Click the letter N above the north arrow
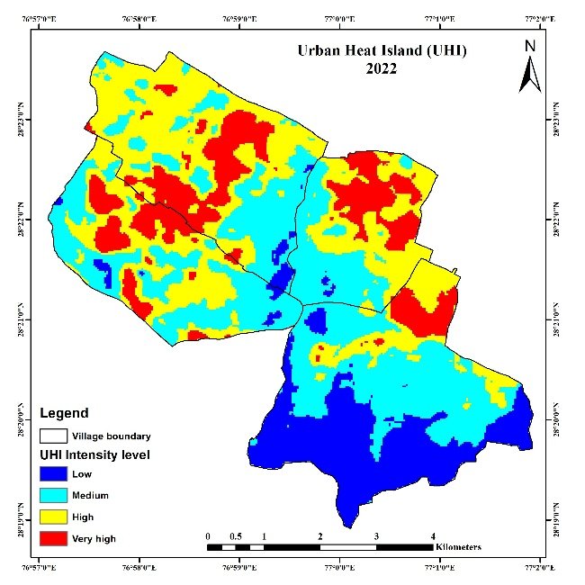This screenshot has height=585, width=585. (x=530, y=46)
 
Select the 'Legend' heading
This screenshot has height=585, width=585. (x=64, y=414)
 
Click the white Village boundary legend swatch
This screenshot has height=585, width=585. (x=56, y=436)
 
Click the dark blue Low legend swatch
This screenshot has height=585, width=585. (x=56, y=473)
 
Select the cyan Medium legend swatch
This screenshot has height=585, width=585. (x=56, y=495)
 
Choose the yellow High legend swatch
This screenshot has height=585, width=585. (x=56, y=517)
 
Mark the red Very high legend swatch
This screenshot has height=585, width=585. (x=56, y=538)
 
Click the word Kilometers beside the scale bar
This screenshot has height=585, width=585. (x=457, y=547)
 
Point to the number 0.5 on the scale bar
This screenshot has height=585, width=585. (x=236, y=535)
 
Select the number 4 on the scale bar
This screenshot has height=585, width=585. (x=433, y=535)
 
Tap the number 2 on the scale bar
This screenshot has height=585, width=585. (x=319, y=535)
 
